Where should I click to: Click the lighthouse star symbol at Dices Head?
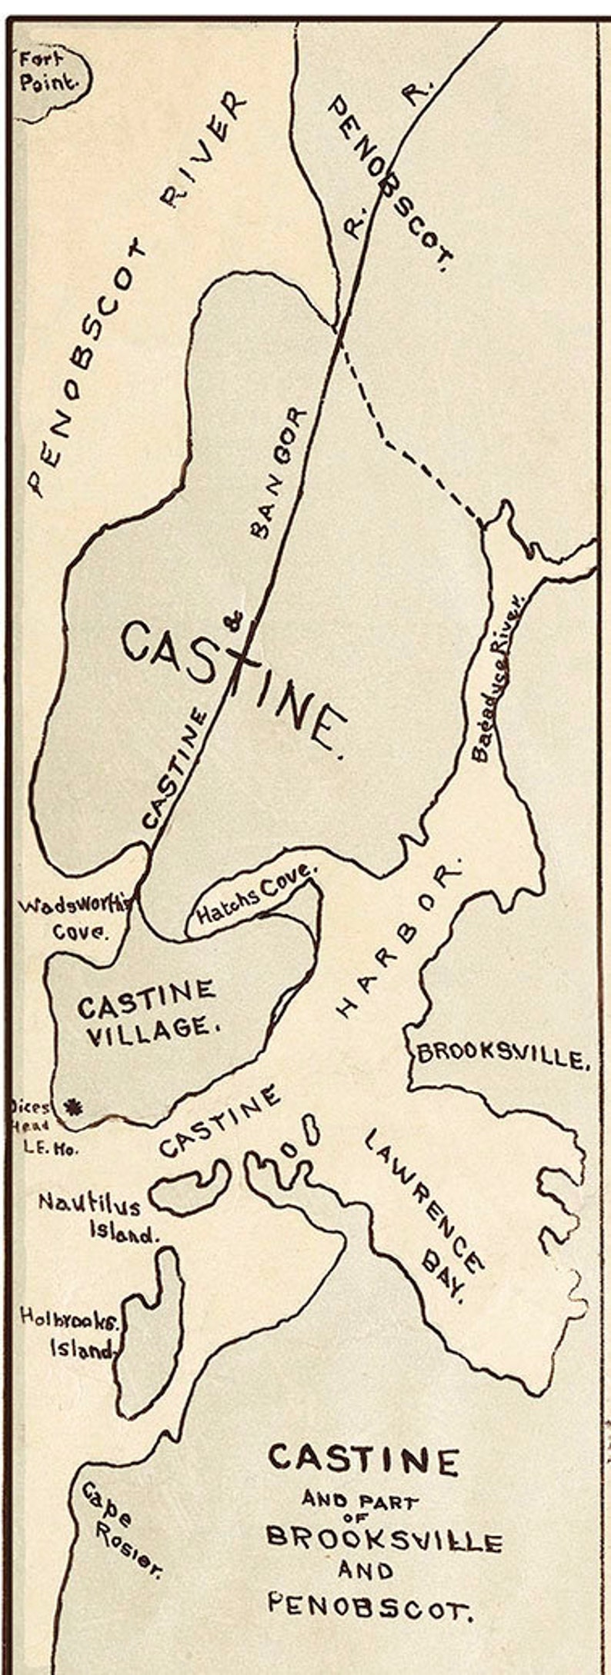(x=75, y=1107)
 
